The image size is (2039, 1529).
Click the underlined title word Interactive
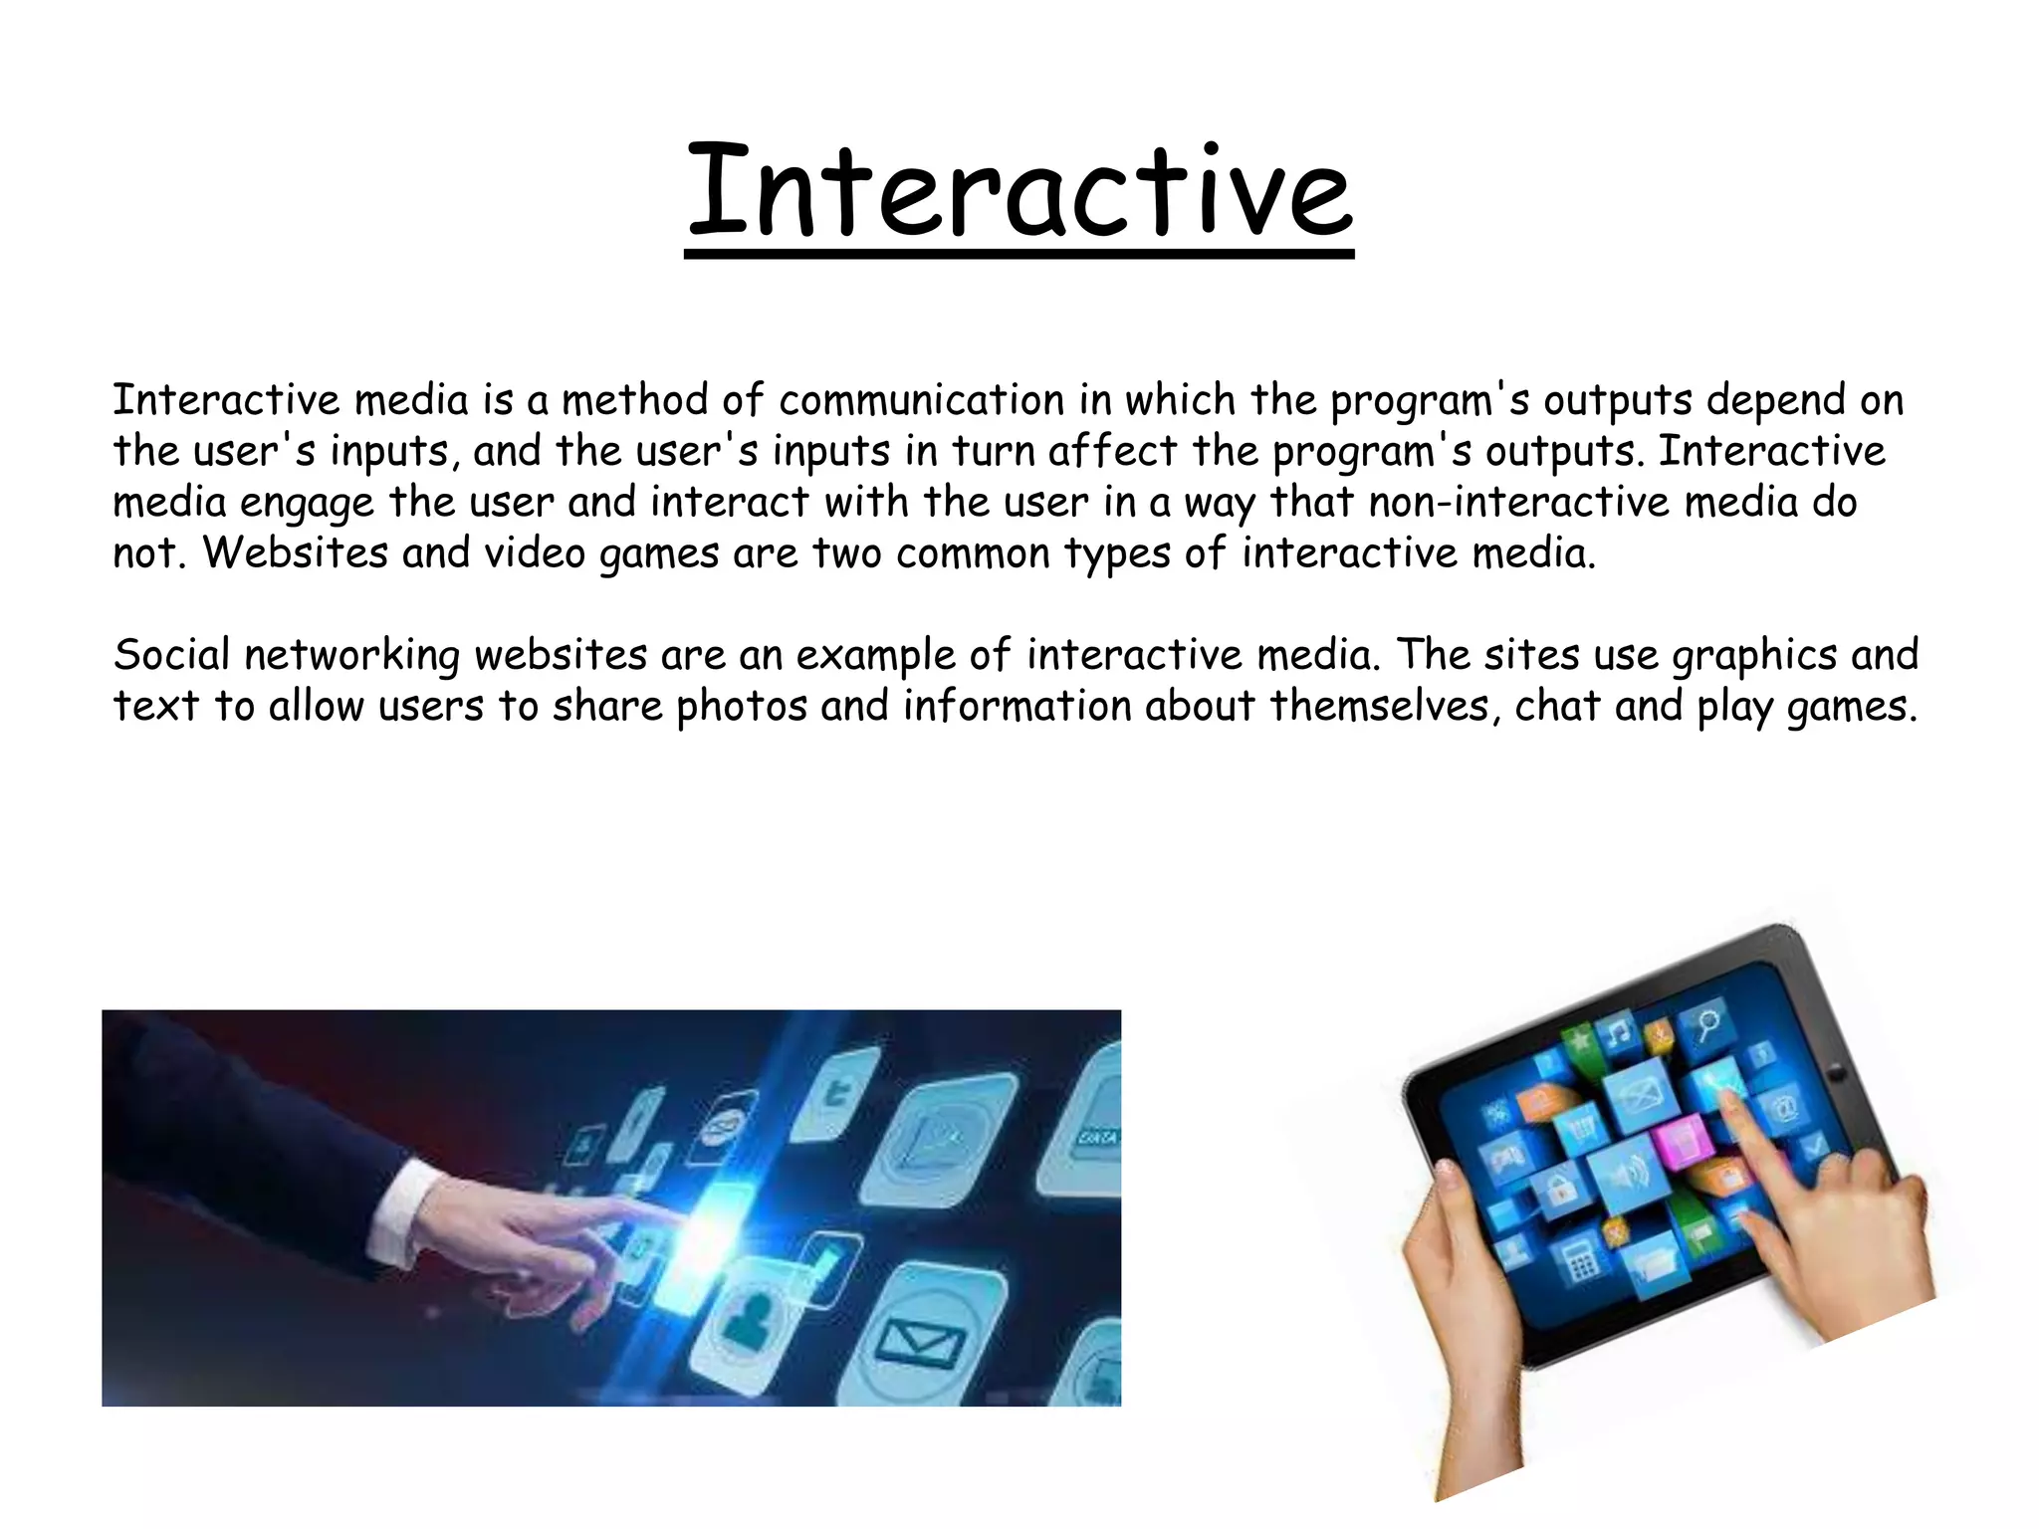coord(1019,191)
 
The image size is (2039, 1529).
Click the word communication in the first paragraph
coord(921,400)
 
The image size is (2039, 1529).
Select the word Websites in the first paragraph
coord(295,553)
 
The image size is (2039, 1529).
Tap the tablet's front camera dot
coord(1837,1074)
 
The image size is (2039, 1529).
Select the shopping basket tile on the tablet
coord(1580,1129)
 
